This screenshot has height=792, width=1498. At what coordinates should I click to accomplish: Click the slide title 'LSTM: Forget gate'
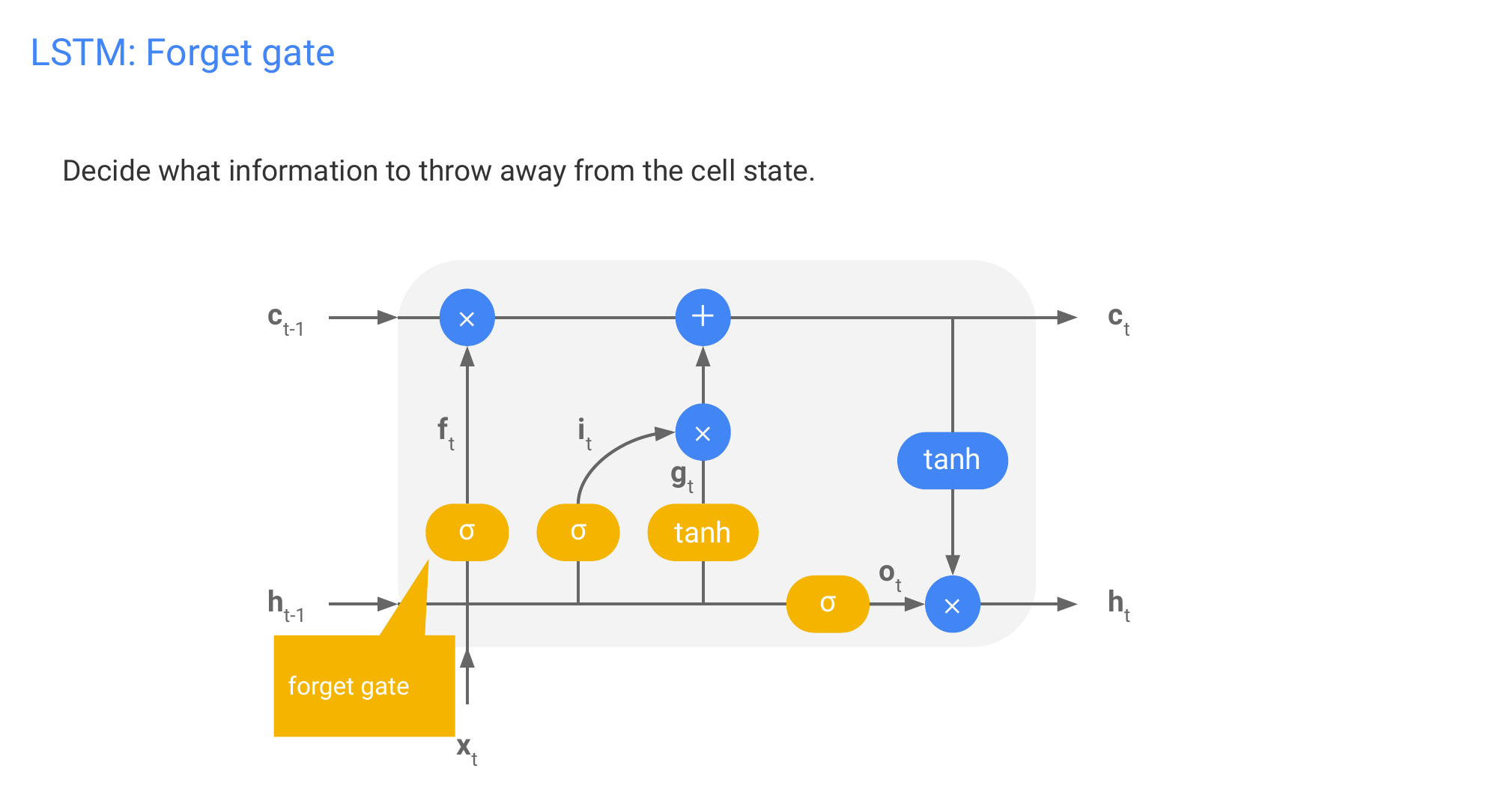[x=182, y=53]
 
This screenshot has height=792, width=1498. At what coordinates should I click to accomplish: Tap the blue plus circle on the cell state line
[x=703, y=317]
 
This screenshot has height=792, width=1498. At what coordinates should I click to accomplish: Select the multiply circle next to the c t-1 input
[x=467, y=318]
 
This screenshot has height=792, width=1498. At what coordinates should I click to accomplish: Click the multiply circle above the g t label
[x=703, y=432]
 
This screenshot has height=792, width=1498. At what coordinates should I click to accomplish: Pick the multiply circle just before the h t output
[x=952, y=605]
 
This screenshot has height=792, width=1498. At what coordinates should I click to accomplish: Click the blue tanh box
[x=952, y=460]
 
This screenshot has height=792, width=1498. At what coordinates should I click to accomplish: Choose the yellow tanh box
[x=703, y=533]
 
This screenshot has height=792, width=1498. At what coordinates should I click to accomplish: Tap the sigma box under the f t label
[x=467, y=532]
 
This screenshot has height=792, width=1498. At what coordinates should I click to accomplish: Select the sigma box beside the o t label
[x=828, y=604]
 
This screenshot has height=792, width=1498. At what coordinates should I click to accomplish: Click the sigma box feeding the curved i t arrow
[x=577, y=532]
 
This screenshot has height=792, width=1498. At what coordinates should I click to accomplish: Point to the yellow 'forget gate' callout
[x=363, y=686]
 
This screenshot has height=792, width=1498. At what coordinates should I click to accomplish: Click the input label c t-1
[x=285, y=321]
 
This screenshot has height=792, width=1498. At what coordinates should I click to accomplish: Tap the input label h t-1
[x=285, y=605]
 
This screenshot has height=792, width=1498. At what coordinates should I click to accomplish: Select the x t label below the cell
[x=467, y=749]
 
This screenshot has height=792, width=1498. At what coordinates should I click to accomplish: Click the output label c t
[x=1118, y=320]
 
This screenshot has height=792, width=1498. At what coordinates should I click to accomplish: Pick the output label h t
[x=1118, y=605]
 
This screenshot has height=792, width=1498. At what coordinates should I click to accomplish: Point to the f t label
[x=445, y=432]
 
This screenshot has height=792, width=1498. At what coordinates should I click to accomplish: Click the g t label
[x=682, y=477]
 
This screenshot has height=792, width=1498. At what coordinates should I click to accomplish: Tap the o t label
[x=889, y=575]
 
